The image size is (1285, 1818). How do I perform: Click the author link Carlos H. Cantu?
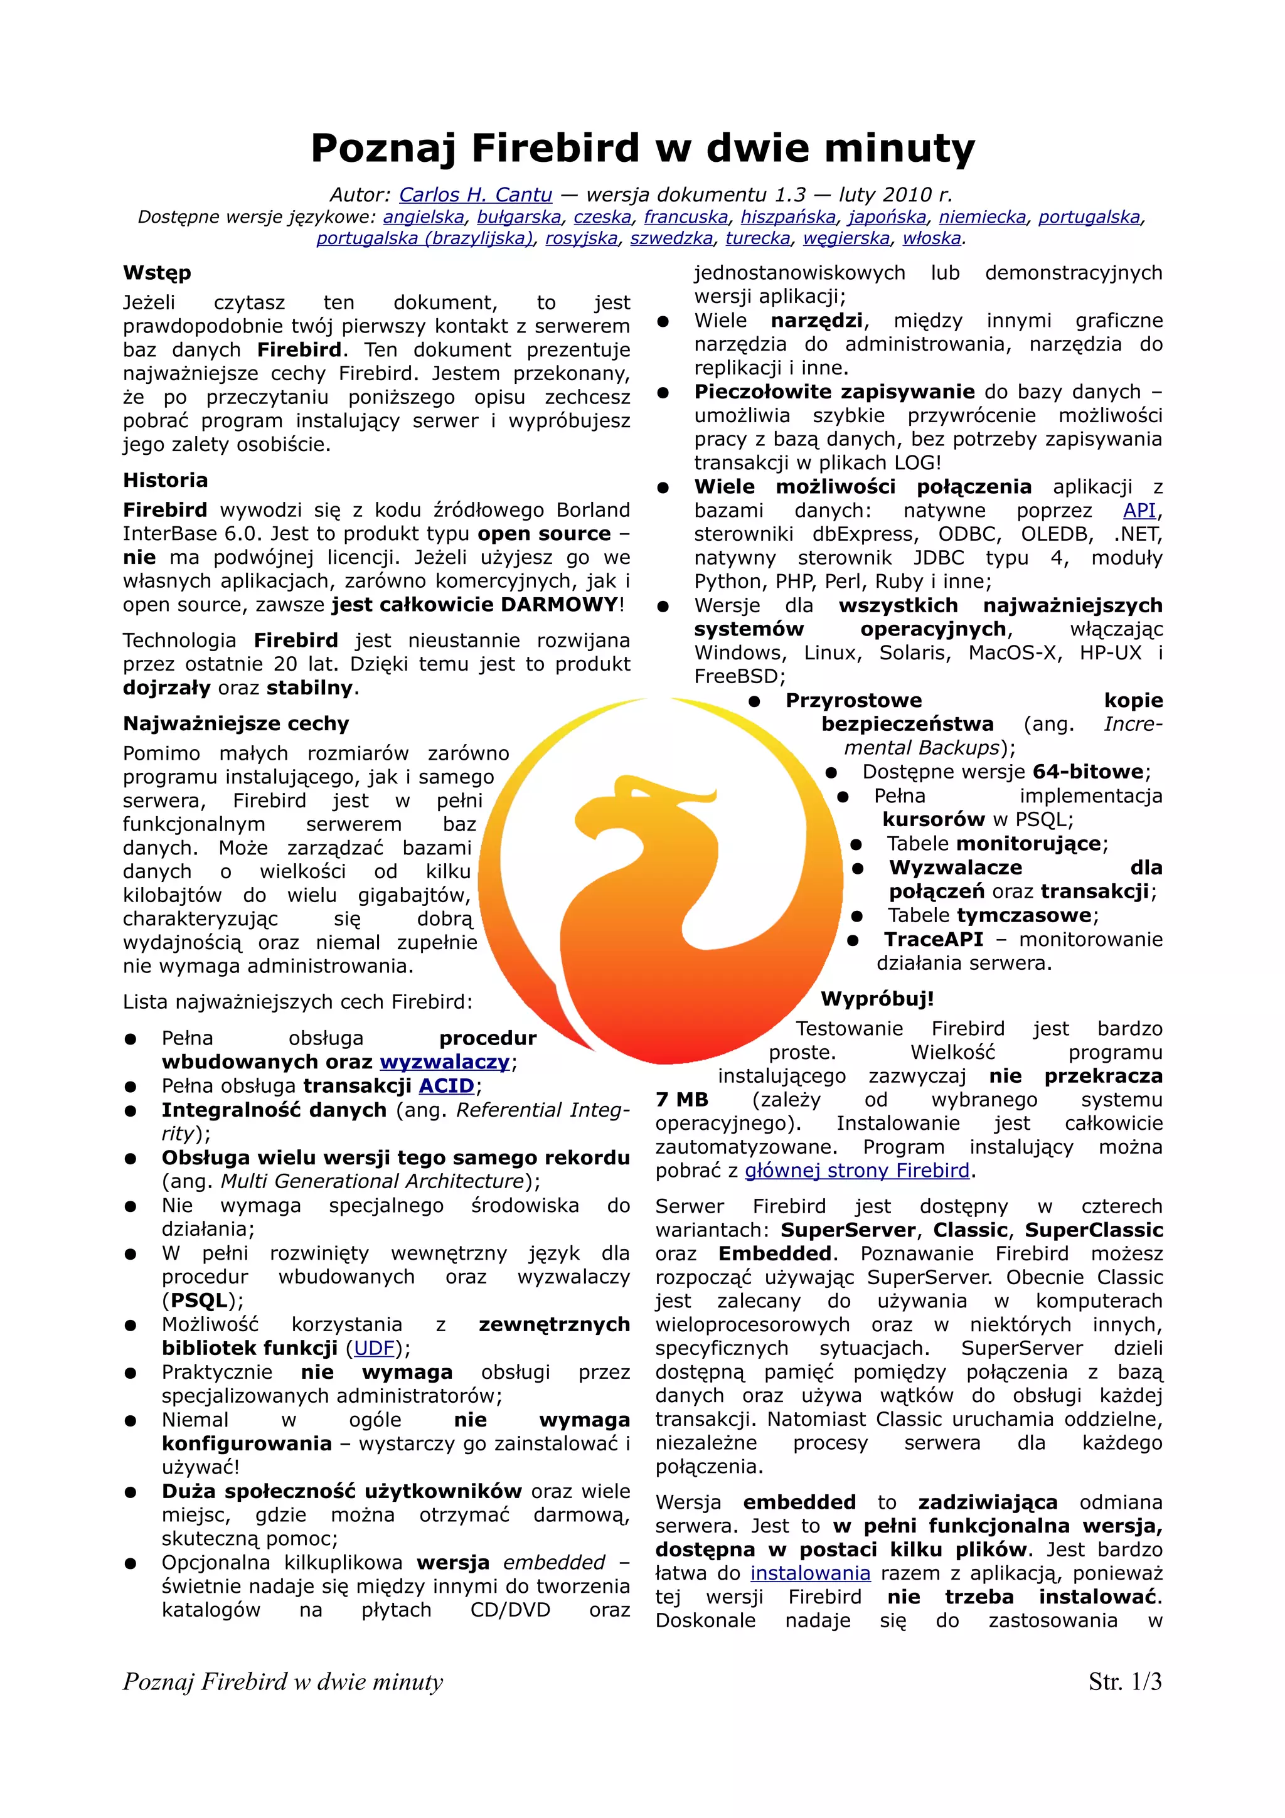coord(475,194)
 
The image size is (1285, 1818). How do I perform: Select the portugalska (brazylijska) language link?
coord(424,238)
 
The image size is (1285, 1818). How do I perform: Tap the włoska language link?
coord(932,238)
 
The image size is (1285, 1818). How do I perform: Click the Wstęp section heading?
coord(157,273)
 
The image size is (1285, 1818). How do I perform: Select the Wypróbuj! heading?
coord(877,999)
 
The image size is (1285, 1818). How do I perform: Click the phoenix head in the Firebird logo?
coord(626,816)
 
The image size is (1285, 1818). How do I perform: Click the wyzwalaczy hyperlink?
coord(444,1062)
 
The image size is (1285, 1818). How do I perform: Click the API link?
coord(1139,510)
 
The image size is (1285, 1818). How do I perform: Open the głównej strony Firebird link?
coord(856,1171)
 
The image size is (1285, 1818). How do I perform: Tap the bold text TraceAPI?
coord(934,939)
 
